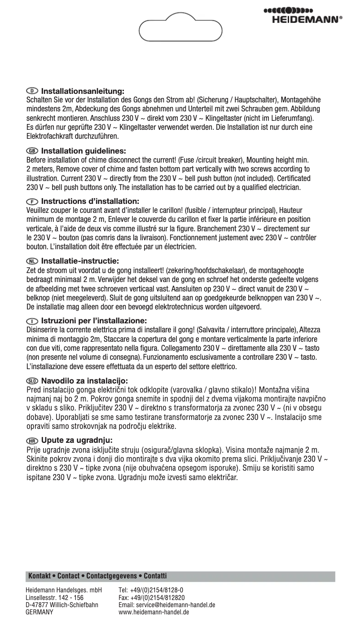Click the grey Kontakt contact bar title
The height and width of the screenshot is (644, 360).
pos(97,575)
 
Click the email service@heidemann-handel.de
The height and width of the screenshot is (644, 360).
pos(167,604)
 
